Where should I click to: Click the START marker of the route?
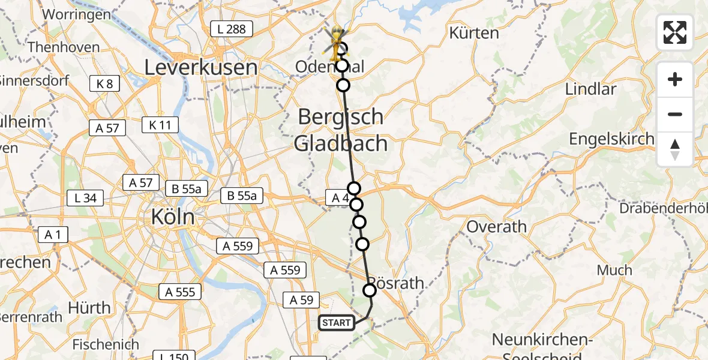click(336, 323)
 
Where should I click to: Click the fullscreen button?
click(675, 32)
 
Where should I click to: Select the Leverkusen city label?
click(201, 67)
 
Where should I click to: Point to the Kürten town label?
click(474, 34)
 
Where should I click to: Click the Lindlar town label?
click(590, 89)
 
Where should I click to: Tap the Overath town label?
click(496, 227)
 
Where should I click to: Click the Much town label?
click(614, 270)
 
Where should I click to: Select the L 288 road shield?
click(232, 29)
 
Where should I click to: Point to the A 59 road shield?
click(302, 300)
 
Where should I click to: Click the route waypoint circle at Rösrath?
click(370, 290)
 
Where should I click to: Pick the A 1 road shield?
click(53, 235)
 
